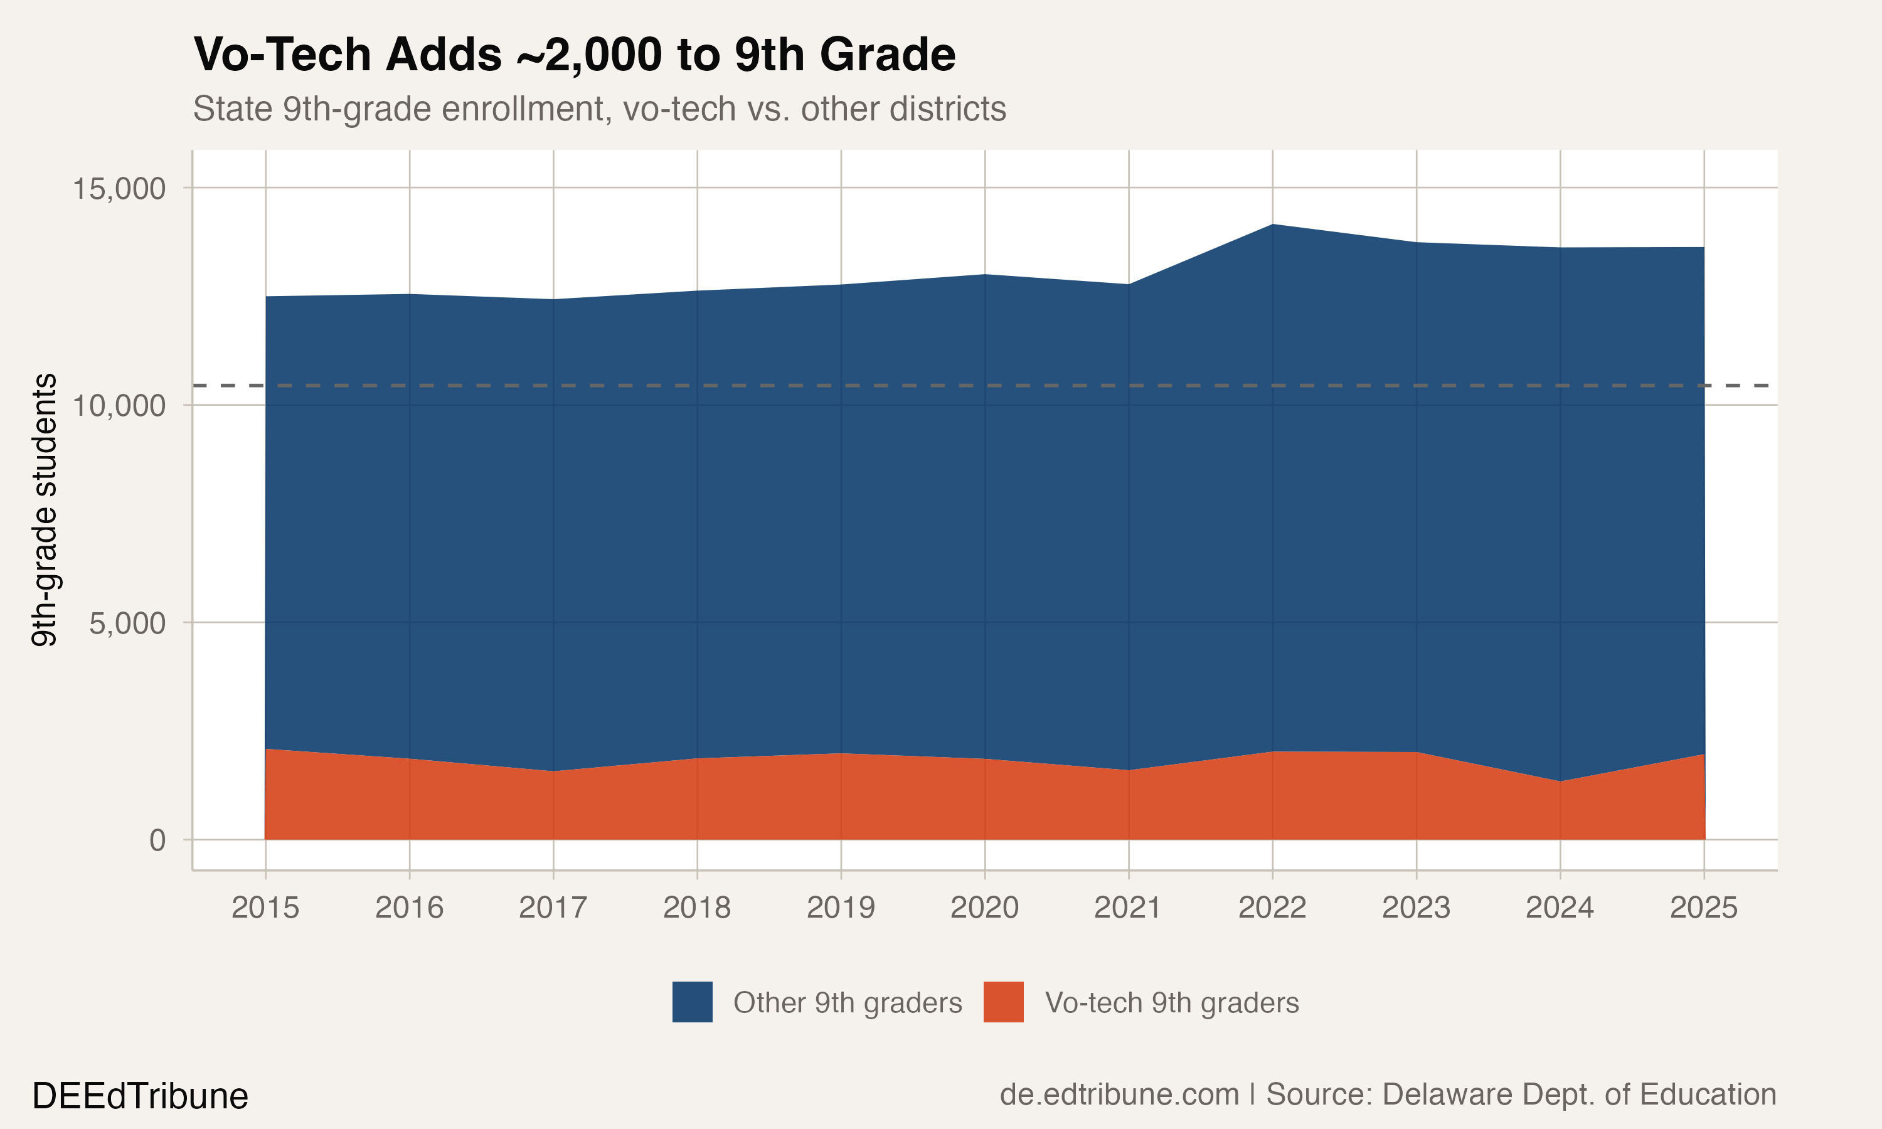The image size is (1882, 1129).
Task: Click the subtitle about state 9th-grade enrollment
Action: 600,109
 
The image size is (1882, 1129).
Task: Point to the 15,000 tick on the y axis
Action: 119,188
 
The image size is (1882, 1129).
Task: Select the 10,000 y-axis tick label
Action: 119,405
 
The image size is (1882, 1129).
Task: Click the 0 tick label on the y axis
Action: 157,840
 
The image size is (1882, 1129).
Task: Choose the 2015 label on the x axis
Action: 265,908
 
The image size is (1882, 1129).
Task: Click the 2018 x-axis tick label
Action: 697,908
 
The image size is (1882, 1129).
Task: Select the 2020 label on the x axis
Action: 984,908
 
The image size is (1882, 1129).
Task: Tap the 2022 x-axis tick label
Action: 1272,908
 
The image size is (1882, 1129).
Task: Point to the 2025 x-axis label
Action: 1703,908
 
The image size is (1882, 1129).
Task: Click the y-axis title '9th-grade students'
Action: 44,510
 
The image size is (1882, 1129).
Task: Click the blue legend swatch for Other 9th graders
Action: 692,1002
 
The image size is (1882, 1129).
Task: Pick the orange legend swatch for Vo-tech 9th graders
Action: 1003,1002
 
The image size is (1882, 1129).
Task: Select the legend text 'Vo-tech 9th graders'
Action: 1171,1003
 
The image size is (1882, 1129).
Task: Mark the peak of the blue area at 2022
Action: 1272,225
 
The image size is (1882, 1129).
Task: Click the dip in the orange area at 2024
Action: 1560,782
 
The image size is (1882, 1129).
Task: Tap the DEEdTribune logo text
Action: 140,1096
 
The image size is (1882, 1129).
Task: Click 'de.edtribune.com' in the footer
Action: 1119,1094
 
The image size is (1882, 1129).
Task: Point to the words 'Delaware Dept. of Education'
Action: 1578,1094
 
